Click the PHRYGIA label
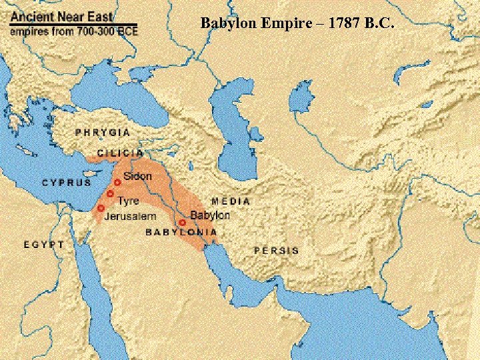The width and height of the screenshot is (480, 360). tap(102, 133)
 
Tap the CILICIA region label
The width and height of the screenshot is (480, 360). tap(120, 153)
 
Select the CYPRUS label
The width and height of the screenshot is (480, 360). tap(67, 182)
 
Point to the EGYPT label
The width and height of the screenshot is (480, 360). tap(44, 244)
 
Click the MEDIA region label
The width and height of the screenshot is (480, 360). tap(231, 201)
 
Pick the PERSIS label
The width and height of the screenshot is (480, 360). tap(277, 250)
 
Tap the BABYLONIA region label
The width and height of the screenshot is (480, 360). tap(181, 232)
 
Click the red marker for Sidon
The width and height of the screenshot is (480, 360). tap(117, 182)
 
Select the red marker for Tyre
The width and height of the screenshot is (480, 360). tap(110, 193)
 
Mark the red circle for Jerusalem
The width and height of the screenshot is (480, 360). tap(101, 208)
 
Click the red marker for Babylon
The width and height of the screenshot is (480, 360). tap(182, 223)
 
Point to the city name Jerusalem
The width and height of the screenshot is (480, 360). tap(130, 217)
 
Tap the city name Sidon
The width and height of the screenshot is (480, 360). tap(137, 177)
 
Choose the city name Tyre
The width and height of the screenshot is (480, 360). tap(128, 200)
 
